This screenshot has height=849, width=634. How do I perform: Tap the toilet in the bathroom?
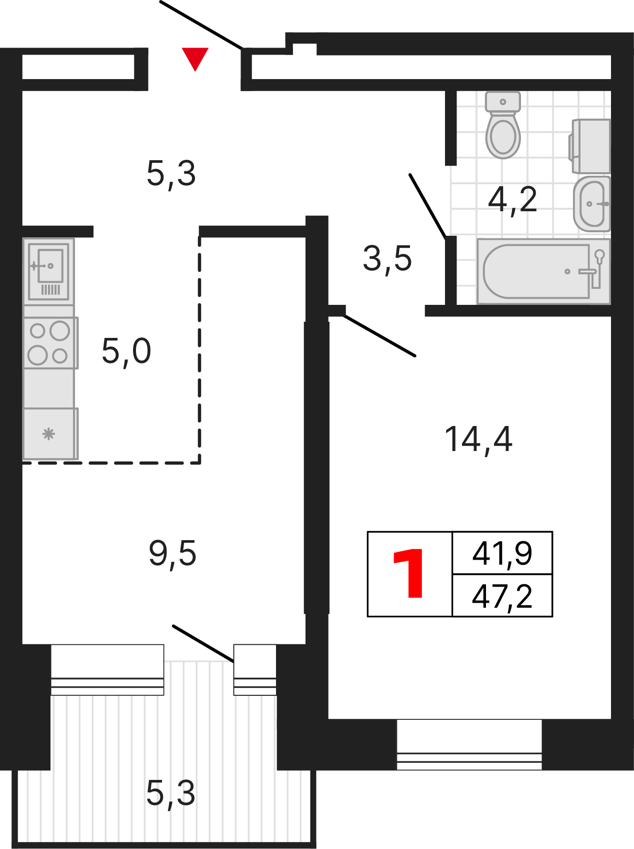pyautogui.click(x=503, y=125)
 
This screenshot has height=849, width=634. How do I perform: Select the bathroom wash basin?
pyautogui.click(x=592, y=203)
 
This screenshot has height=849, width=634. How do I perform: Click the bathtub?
pyautogui.click(x=543, y=271)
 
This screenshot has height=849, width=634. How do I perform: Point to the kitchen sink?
pyautogui.click(x=48, y=271)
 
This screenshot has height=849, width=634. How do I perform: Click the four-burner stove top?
pyautogui.click(x=50, y=343)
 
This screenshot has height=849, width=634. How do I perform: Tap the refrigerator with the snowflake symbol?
pyautogui.click(x=50, y=434)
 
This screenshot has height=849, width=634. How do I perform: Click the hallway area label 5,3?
pyautogui.click(x=171, y=174)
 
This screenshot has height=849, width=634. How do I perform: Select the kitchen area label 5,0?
pyautogui.click(x=126, y=351)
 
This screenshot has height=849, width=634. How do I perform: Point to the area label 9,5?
pyautogui.click(x=172, y=554)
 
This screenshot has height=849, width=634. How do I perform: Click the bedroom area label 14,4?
pyautogui.click(x=478, y=440)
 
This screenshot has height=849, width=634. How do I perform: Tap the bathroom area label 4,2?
pyautogui.click(x=512, y=199)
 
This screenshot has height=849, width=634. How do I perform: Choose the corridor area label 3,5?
pyautogui.click(x=387, y=259)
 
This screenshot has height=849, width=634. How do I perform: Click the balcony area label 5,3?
pyautogui.click(x=170, y=793)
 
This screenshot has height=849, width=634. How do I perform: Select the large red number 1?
pyautogui.click(x=409, y=574)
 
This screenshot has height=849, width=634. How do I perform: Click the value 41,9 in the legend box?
pyautogui.click(x=502, y=554)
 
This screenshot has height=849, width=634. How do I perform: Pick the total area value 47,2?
pyautogui.click(x=502, y=596)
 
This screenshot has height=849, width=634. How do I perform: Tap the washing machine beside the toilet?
pyautogui.click(x=590, y=146)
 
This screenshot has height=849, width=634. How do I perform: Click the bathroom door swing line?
pyautogui.click(x=427, y=205)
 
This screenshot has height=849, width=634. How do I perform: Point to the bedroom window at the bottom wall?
pyautogui.click(x=469, y=744)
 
